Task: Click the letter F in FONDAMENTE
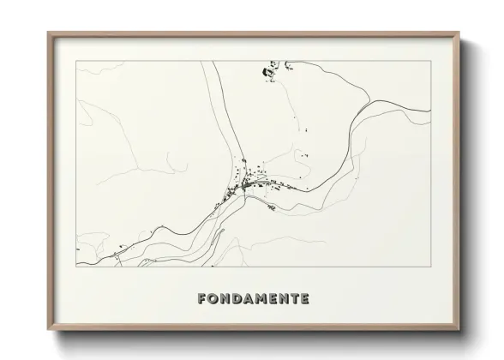[202, 299]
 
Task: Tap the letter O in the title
[213, 299]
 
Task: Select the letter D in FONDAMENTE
[237, 299]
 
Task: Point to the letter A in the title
[249, 299]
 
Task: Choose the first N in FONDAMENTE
[225, 299]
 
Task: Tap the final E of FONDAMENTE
[306, 299]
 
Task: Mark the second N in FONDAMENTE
[285, 299]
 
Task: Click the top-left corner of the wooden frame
[48, 33]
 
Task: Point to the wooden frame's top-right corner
[459, 33]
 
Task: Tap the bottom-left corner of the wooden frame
[48, 330]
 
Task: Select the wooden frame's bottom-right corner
[459, 330]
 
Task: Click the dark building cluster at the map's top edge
[271, 70]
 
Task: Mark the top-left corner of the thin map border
[77, 61]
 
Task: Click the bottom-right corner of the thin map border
[430, 267]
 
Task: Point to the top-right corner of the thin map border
[430, 61]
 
